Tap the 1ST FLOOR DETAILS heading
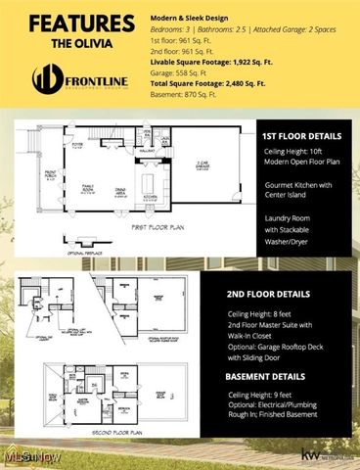[301, 136]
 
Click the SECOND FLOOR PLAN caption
[114, 431]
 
